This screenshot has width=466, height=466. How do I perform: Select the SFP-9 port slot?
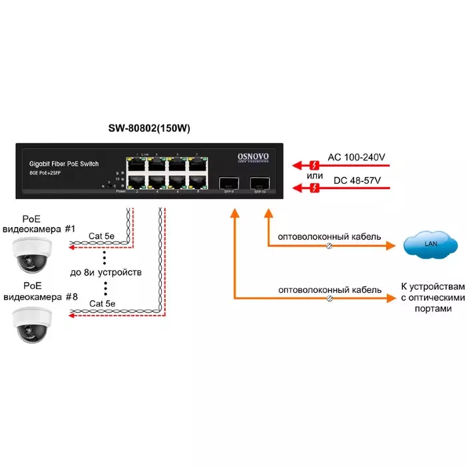[230, 182]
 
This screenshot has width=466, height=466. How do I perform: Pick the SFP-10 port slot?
[259, 182]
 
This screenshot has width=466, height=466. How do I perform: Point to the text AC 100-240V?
[357, 158]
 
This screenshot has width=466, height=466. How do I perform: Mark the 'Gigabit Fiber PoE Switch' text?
[65, 163]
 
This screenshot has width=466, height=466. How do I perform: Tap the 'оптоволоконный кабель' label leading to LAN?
[329, 236]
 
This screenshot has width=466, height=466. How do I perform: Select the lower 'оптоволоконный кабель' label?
[329, 290]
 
